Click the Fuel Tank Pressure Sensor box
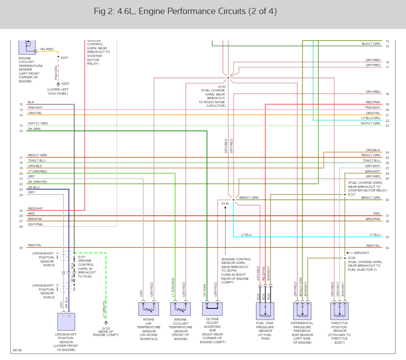pos(265,311)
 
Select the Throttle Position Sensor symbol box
pos(339,311)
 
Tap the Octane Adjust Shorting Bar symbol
pos(212,309)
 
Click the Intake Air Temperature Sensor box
pos(149,309)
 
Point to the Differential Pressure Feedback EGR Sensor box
pos(302,311)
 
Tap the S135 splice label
pos(222,86)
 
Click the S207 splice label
pos(64,58)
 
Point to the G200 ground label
pos(65,84)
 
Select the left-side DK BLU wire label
pos(34,187)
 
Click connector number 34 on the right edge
pos(387,248)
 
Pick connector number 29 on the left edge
pos(21,248)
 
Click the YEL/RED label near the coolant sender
pos(47,49)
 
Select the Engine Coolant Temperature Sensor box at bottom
pos(181,309)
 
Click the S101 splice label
pos(82,257)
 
